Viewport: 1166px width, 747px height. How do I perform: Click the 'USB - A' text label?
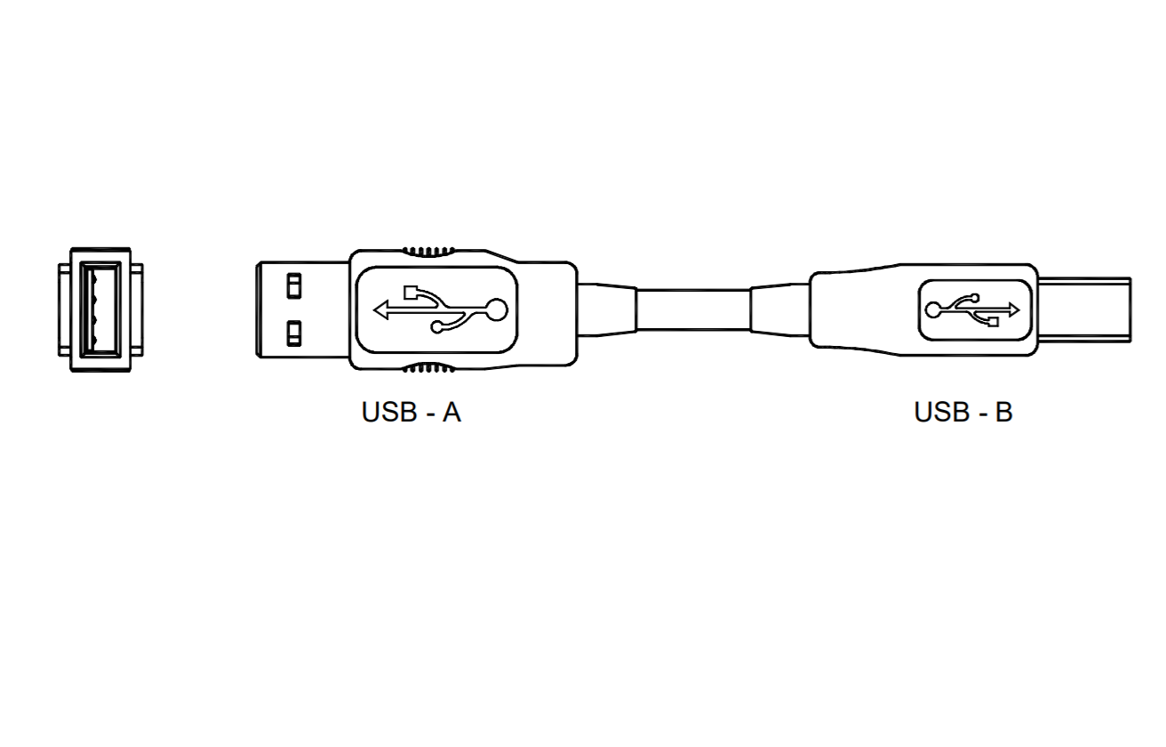point(411,414)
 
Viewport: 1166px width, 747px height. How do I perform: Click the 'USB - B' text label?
point(963,414)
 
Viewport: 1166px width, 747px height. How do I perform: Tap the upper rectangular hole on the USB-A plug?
point(293,286)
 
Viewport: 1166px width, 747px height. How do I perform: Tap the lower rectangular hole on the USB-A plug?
point(293,334)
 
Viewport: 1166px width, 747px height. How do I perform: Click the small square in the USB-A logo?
point(410,291)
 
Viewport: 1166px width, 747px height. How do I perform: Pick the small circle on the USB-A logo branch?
point(436,328)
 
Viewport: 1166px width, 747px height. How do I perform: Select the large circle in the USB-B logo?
point(933,309)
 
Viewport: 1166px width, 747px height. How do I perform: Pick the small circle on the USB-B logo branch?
point(975,297)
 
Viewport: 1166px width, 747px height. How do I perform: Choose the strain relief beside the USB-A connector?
point(606,309)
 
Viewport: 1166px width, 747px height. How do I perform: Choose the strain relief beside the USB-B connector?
point(780,309)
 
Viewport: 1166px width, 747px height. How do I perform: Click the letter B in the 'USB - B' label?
point(1003,414)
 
